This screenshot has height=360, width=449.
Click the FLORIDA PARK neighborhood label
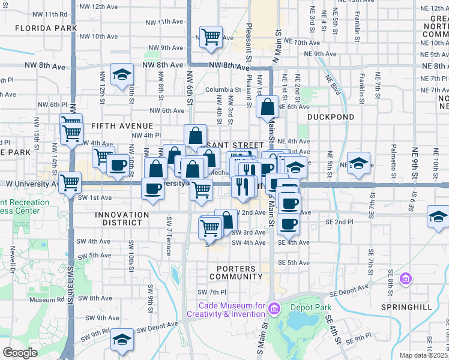point(46,28)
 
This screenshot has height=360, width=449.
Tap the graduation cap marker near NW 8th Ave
point(122,74)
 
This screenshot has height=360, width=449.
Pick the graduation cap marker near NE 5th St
point(358,163)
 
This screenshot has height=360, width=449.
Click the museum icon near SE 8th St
point(406,278)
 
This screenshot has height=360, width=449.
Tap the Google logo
point(20,353)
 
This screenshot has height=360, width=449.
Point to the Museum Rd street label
point(42,299)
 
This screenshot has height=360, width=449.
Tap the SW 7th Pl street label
point(212,292)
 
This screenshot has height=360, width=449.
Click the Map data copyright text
point(424,355)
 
